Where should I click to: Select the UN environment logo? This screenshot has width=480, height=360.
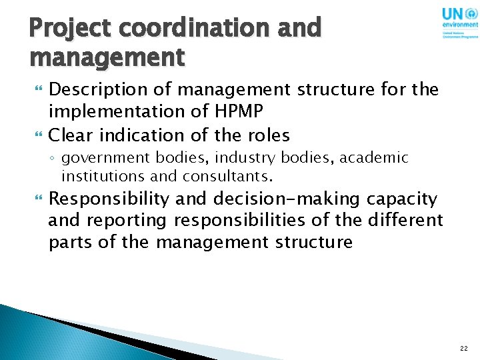coord(459,23)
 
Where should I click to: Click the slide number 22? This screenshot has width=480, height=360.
coord(463,348)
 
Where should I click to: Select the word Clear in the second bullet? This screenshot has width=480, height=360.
coord(72,135)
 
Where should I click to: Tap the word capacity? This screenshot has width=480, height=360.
coord(407,199)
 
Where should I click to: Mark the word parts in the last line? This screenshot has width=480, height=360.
coord(71,241)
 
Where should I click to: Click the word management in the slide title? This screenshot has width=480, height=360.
coord(107,57)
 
